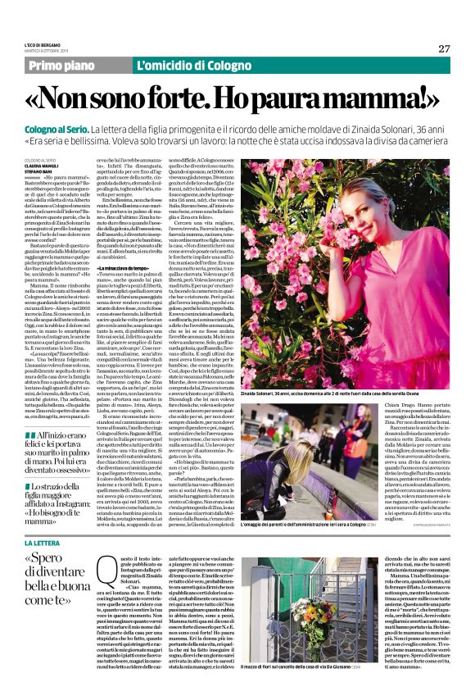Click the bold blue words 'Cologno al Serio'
pos(57,130)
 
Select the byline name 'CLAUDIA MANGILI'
pos(42,165)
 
